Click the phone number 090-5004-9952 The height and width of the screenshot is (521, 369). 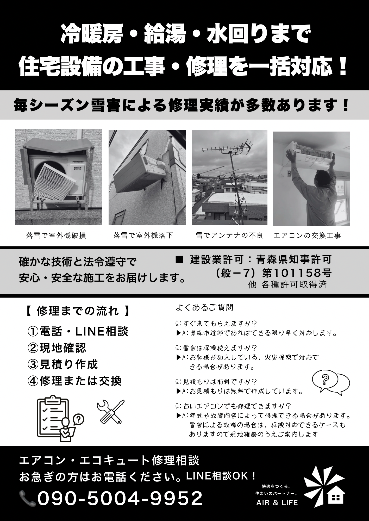pyautogui.click(x=120, y=498)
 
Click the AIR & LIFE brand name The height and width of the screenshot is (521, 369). pyautogui.click(x=277, y=503)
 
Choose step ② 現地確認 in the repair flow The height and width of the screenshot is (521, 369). pyautogui.click(x=57, y=348)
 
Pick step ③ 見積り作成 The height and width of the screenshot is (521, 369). pyautogui.click(x=63, y=364)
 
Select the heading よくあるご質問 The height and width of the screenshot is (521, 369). pyautogui.click(x=205, y=307)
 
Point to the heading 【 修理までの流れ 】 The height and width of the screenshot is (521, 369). pyautogui.click(x=78, y=311)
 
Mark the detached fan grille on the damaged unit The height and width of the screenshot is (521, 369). pyautogui.click(x=55, y=182)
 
